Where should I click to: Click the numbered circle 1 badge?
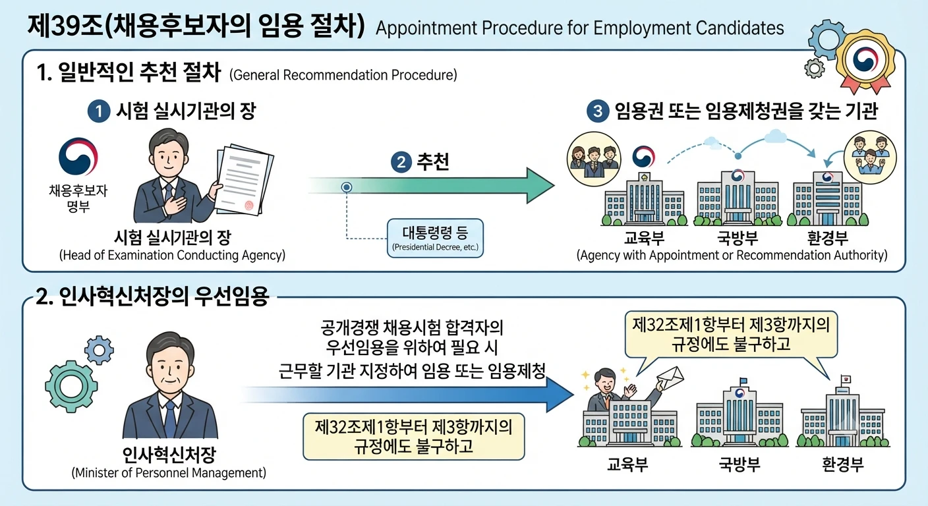pyautogui.click(x=99, y=111)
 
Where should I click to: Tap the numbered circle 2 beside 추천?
pyautogui.click(x=401, y=162)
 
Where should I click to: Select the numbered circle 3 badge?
pyautogui.click(x=598, y=111)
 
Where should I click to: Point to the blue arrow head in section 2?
pyautogui.click(x=560, y=395)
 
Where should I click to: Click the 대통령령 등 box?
pyautogui.click(x=435, y=238)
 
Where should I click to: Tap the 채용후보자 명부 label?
pyautogui.click(x=78, y=198)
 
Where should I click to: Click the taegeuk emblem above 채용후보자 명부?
pyautogui.click(x=78, y=157)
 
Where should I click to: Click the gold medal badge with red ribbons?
pyautogui.click(x=865, y=62)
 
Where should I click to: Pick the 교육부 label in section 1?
pyautogui.click(x=644, y=238)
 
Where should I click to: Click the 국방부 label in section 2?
pyautogui.click(x=739, y=464)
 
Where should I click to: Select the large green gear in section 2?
pyautogui.click(x=71, y=386)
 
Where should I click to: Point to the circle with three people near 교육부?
pyautogui.click(x=594, y=159)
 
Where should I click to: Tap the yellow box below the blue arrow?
pyautogui.click(x=414, y=436)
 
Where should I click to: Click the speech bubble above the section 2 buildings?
pyautogui.click(x=731, y=335)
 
